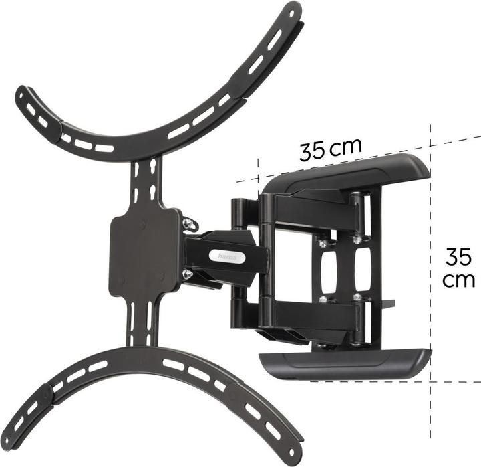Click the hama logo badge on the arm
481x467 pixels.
pos(226,255)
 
